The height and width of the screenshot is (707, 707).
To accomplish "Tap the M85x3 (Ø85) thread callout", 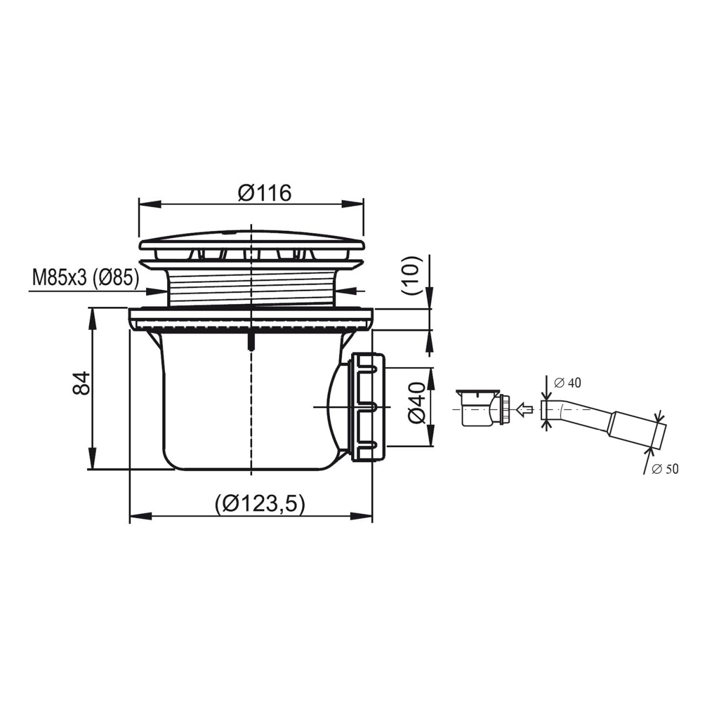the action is pos(85,278).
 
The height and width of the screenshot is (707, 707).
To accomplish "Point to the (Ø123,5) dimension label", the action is pos(260,503).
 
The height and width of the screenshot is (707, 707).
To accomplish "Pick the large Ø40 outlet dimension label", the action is pos(416,402).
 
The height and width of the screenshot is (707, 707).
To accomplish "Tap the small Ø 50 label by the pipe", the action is pos(665,469).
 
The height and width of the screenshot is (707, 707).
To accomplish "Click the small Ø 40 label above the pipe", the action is pos(567,383).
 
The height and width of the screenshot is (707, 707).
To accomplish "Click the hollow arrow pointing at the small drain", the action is pos(524,409).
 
